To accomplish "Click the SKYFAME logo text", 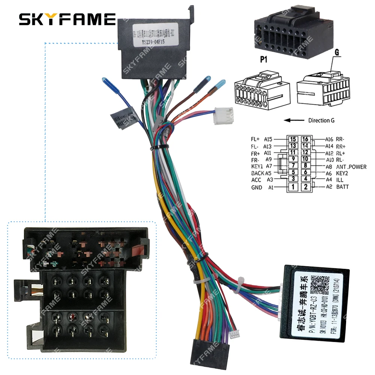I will click(67, 19).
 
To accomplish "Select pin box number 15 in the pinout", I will click(294, 139).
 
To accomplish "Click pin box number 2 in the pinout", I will click(306, 187).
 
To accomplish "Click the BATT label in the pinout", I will click(342, 187).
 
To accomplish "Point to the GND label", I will click(256, 187).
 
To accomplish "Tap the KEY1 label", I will click(258, 166).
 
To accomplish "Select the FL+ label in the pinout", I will click(256, 139).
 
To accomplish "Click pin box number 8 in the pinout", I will click(306, 166).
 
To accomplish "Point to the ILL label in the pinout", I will click(339, 180).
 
